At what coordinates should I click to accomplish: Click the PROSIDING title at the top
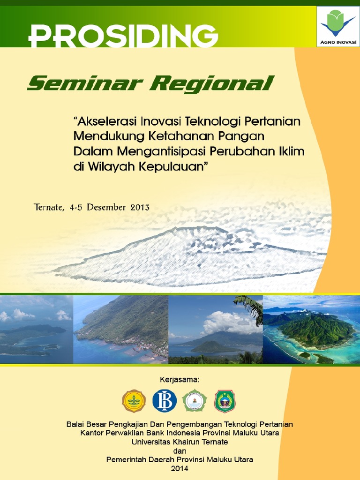[123, 36]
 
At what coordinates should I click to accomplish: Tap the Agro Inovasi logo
[338, 27]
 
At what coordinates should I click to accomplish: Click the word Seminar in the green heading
[85, 83]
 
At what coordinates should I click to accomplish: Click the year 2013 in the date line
[140, 207]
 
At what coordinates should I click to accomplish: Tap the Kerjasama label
[180, 380]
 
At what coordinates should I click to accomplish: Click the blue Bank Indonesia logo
[165, 401]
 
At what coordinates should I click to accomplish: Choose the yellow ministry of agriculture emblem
[134, 401]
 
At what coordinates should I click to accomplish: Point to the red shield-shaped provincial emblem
[225, 401]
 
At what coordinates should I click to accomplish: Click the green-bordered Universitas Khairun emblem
[195, 401]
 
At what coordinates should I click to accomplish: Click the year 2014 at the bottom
[180, 469]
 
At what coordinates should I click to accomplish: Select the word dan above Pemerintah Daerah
[180, 451]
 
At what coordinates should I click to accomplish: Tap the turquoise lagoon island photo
[311, 330]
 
